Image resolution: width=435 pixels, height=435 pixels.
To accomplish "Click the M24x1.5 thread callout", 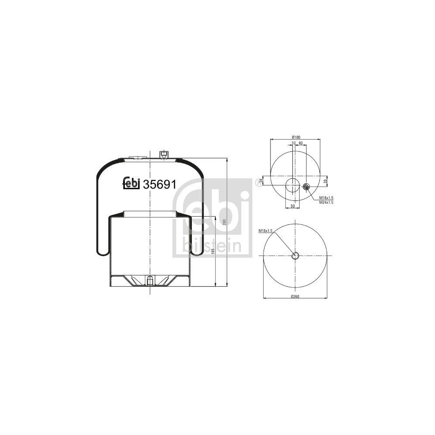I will point(326,202).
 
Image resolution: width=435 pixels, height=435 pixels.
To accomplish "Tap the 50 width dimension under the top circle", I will point(292,205).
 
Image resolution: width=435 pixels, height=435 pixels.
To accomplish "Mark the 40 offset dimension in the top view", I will point(300,143).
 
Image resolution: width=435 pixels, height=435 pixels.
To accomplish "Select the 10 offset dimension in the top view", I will point(294,143).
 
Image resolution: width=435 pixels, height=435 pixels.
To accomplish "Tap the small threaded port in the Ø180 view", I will point(305,187).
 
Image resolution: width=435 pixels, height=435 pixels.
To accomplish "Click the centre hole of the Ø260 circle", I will point(295,255).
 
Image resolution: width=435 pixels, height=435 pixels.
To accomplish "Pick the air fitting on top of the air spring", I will point(164,154).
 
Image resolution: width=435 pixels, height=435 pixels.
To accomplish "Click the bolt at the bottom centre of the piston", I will point(149,281).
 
